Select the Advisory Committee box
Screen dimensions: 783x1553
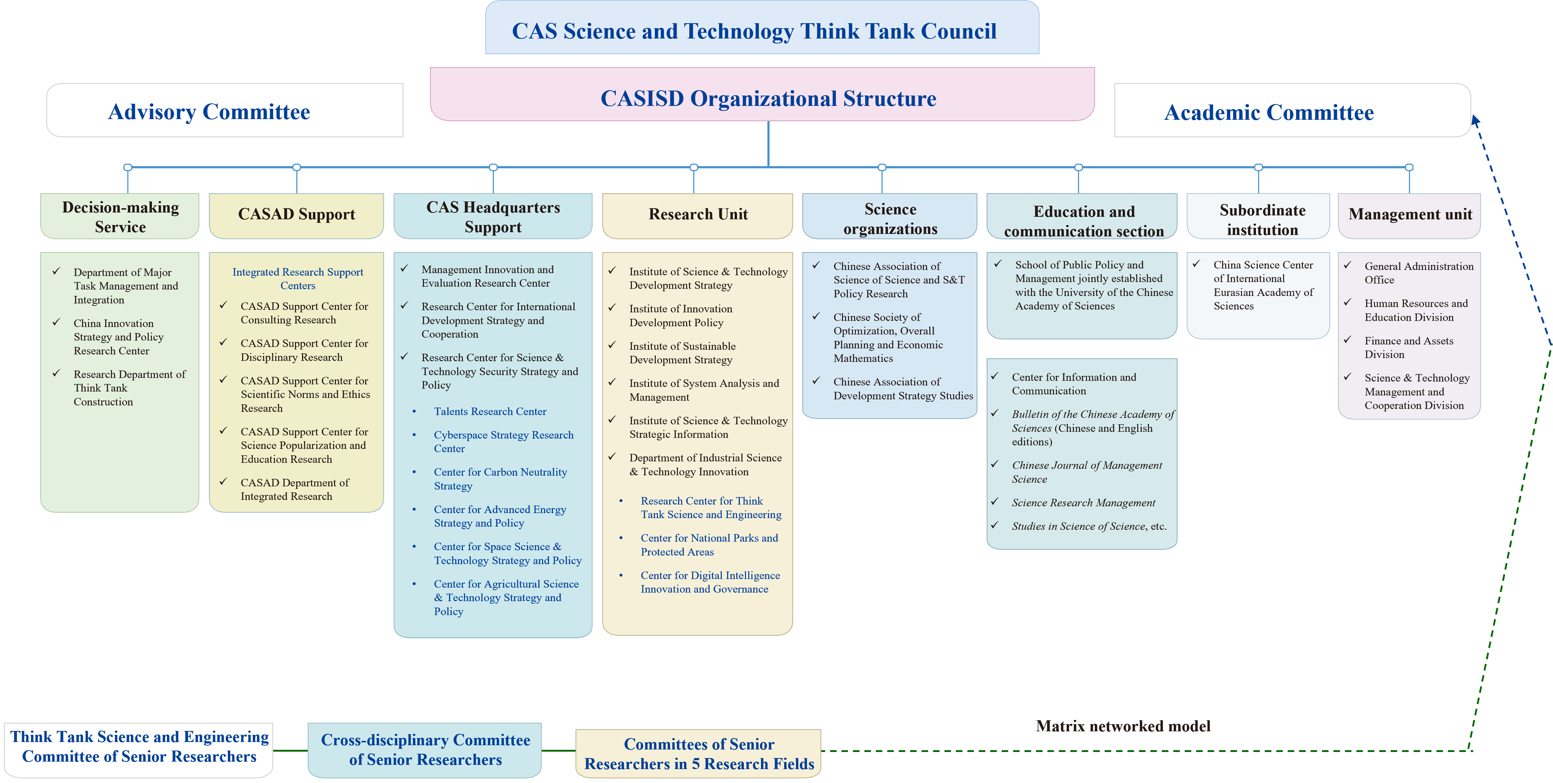pyautogui.click(x=224, y=111)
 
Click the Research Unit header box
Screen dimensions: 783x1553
pyautogui.click(x=698, y=215)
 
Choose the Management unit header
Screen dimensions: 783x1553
pyautogui.click(x=1409, y=215)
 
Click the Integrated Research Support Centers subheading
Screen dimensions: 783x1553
pyautogui.click(x=298, y=278)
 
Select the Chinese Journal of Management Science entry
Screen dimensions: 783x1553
pyautogui.click(x=1086, y=472)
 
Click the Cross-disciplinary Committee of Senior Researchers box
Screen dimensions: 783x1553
pyautogui.click(x=425, y=750)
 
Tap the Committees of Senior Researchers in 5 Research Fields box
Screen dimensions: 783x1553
pyautogui.click(x=698, y=753)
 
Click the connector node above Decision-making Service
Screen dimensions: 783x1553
pyautogui.click(x=128, y=167)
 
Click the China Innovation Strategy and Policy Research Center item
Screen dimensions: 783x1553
pyautogui.click(x=118, y=337)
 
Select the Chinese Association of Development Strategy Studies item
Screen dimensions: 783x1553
pyautogui.click(x=903, y=389)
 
